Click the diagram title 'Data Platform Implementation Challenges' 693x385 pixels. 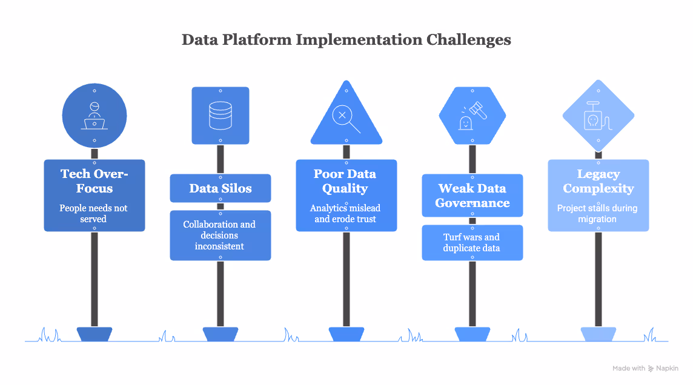pyautogui.click(x=346, y=40)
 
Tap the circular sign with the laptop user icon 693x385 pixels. pyautogui.click(x=94, y=116)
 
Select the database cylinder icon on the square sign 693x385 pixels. pyautogui.click(x=220, y=115)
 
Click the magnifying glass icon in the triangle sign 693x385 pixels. pyautogui.click(x=346, y=118)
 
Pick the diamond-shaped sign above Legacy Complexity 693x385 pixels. pyautogui.click(x=598, y=116)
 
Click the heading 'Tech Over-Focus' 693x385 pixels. pyautogui.click(x=94, y=181)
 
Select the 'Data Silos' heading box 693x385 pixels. pyautogui.click(x=220, y=188)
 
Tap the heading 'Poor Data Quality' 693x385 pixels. pyautogui.click(x=345, y=181)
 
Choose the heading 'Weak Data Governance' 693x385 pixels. pyautogui.click(x=472, y=196)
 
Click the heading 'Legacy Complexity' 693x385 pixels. pyautogui.click(x=598, y=181)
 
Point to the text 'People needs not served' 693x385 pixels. pyautogui.click(x=94, y=213)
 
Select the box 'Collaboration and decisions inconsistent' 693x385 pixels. pyautogui.click(x=220, y=235)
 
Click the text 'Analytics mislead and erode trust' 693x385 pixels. pyautogui.click(x=346, y=213)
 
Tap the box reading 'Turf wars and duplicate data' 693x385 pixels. pyautogui.click(x=472, y=242)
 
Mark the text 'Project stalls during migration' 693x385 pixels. pyautogui.click(x=598, y=213)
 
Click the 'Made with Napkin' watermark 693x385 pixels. pyautogui.click(x=645, y=368)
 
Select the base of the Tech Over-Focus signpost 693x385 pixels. pyautogui.click(x=94, y=334)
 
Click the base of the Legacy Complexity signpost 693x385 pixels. pyautogui.click(x=598, y=334)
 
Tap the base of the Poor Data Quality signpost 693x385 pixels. pyautogui.click(x=346, y=334)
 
